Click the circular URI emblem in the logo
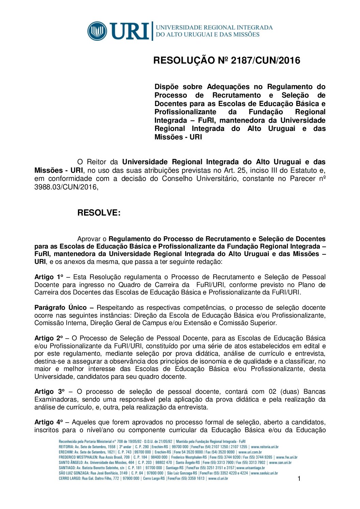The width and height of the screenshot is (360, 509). pos(97,31)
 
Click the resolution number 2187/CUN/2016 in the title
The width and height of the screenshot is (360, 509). pos(265,61)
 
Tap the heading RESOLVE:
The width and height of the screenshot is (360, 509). pos(99,213)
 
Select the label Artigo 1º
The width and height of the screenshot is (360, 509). pos(49,277)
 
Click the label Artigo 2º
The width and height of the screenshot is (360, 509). pos(49,338)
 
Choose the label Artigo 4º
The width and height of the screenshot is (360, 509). pos(49,422)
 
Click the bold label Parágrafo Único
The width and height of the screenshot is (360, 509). pos(61,308)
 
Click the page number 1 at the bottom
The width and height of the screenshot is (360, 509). pos(299,479)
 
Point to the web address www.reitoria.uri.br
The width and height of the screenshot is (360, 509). pos(265,447)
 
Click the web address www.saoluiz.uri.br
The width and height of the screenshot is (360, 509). pos(264,473)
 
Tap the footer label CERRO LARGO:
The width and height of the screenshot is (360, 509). pos(70,478)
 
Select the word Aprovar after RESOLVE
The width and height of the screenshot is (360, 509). pos(89,239)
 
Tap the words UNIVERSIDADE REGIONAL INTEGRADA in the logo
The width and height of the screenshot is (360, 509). pos(214,27)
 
